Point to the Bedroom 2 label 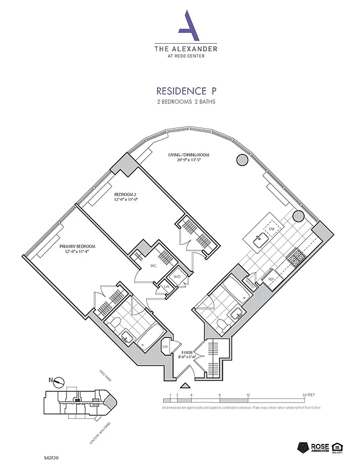tap(126, 196)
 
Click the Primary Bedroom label tap(77, 249)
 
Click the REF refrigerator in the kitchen tap(271, 279)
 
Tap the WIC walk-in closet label tap(154, 266)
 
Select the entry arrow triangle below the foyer tap(185, 386)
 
